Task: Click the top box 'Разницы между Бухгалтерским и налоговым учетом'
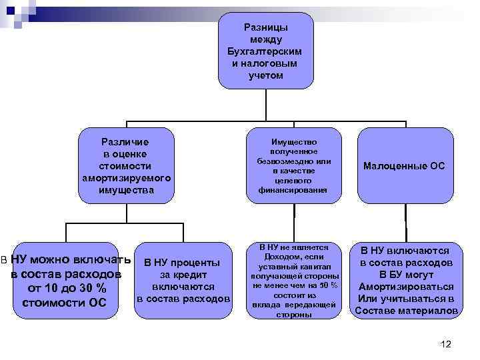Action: click(265, 51)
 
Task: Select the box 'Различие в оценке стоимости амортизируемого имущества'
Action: click(126, 166)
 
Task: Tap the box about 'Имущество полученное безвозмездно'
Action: click(294, 166)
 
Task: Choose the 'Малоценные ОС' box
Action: click(405, 166)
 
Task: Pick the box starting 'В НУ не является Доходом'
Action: click(294, 280)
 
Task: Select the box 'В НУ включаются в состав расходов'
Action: click(405, 280)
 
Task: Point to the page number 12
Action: click(446, 344)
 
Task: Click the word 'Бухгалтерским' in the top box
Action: click(265, 51)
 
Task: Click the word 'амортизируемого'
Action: click(126, 179)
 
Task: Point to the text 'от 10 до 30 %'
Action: click(66, 289)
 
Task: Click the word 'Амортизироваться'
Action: click(405, 287)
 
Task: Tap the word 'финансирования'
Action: click(294, 189)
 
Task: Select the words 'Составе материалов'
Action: click(405, 311)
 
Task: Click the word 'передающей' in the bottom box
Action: click(313, 305)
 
